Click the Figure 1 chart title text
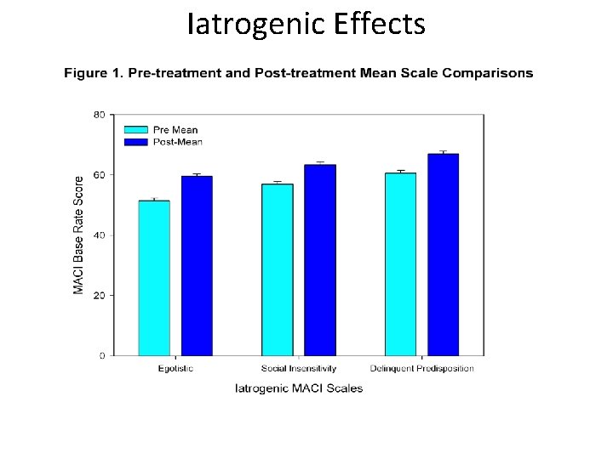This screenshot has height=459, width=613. coord(298,73)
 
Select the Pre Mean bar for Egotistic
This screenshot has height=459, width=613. coord(154,278)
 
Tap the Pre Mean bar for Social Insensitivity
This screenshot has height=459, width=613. coord(277,269)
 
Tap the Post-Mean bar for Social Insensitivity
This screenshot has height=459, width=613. coord(320,260)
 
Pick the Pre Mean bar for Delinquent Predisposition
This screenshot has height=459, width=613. coord(400,264)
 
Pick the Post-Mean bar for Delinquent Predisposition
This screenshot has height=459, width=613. coord(443,255)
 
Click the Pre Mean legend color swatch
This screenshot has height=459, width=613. coord(135,130)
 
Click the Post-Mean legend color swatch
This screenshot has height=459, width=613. coord(135,141)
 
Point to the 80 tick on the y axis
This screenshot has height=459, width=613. coord(100,115)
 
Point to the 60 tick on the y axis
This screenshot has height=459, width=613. coord(100,175)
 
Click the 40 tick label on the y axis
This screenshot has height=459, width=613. coord(100,235)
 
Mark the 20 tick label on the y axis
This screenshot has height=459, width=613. coord(100,296)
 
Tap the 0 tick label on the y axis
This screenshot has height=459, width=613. coord(102,356)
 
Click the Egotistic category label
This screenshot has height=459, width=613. coord(175,369)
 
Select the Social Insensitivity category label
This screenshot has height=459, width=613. coord(298,369)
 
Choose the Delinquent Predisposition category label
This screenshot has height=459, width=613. coord(421,369)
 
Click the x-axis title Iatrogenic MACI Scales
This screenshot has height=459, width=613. coord(298,388)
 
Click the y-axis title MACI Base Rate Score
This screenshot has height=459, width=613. coord(78,235)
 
